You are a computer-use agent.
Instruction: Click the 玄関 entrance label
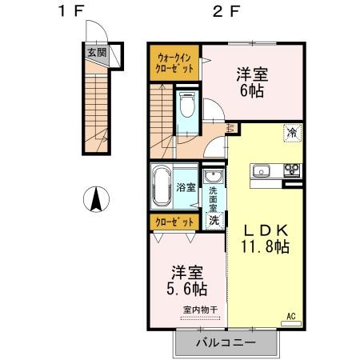(x=97, y=54)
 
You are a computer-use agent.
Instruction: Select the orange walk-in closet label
(x=174, y=62)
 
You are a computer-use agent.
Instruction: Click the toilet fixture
(x=187, y=107)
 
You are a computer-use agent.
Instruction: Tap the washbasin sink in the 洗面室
(x=214, y=178)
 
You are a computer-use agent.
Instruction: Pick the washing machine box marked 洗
(x=214, y=219)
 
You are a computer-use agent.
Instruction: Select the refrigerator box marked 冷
(x=293, y=134)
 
